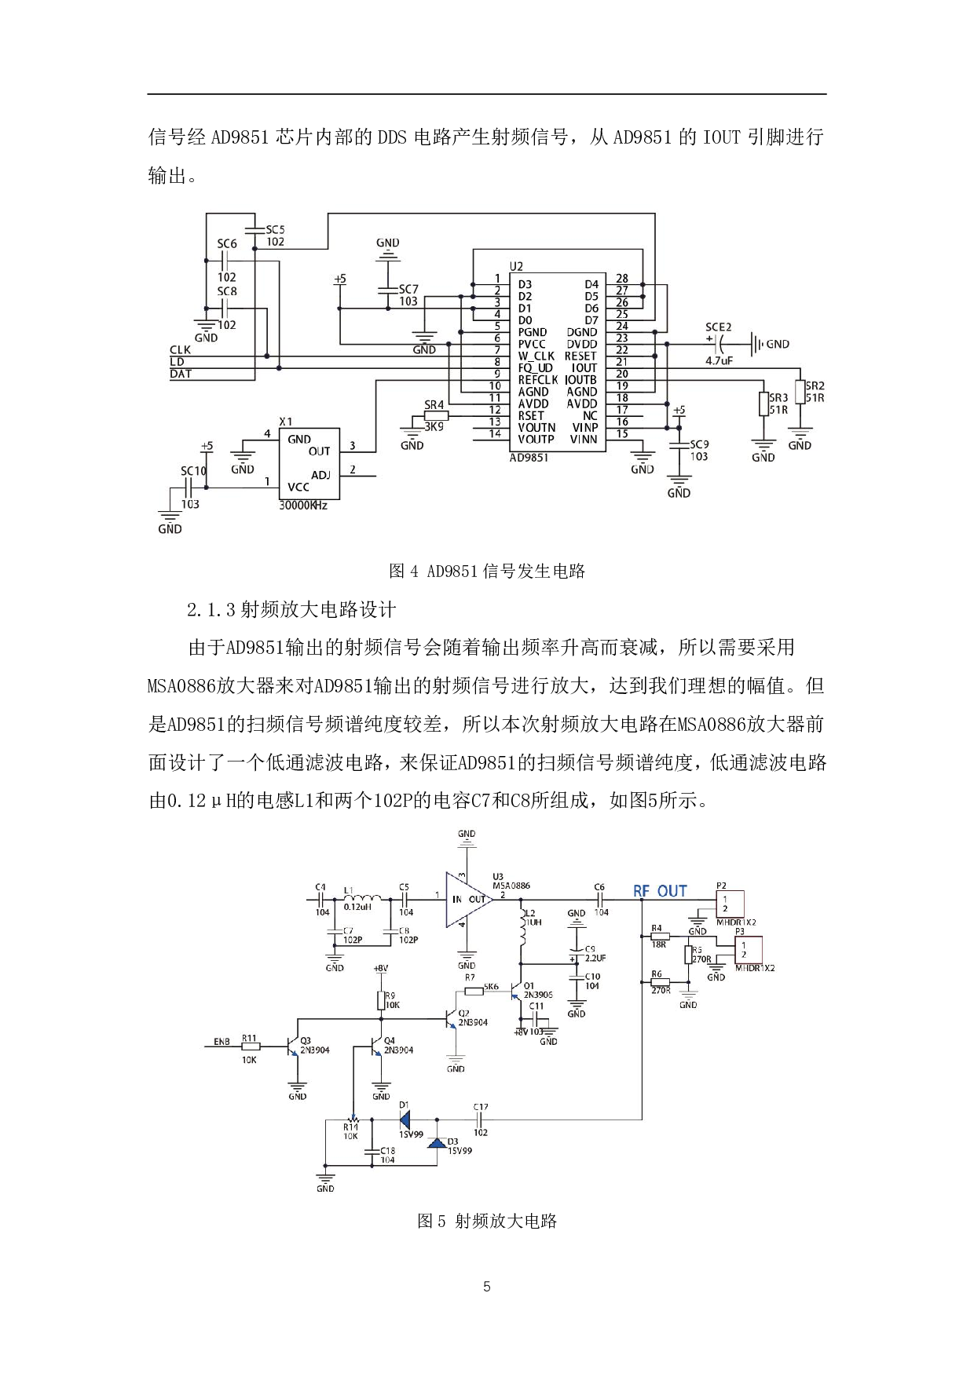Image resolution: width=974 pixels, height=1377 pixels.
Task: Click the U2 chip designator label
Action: tap(516, 267)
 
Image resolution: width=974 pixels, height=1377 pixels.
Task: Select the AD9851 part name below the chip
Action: tap(529, 458)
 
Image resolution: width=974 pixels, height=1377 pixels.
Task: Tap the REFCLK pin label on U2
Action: tap(537, 380)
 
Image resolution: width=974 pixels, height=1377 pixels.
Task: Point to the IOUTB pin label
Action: tap(580, 380)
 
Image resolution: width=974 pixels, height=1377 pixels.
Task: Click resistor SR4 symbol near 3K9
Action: tap(435, 416)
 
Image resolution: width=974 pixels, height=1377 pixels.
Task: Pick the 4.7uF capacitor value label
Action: tap(719, 361)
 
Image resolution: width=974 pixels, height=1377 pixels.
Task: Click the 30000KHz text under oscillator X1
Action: tap(303, 506)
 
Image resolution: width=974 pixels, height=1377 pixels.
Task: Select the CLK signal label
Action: tap(180, 350)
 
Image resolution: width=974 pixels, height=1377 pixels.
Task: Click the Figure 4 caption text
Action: tap(487, 571)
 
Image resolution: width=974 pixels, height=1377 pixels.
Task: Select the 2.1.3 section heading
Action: tap(291, 609)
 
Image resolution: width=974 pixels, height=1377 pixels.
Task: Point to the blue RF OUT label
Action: tap(660, 891)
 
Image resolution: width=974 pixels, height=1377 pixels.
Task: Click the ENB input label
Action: tap(222, 1042)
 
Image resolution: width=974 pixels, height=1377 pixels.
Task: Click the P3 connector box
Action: tap(748, 950)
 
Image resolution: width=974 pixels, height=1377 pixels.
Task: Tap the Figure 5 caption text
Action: tap(487, 1221)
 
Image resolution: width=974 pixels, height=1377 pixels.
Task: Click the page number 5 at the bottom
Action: tap(487, 1287)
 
